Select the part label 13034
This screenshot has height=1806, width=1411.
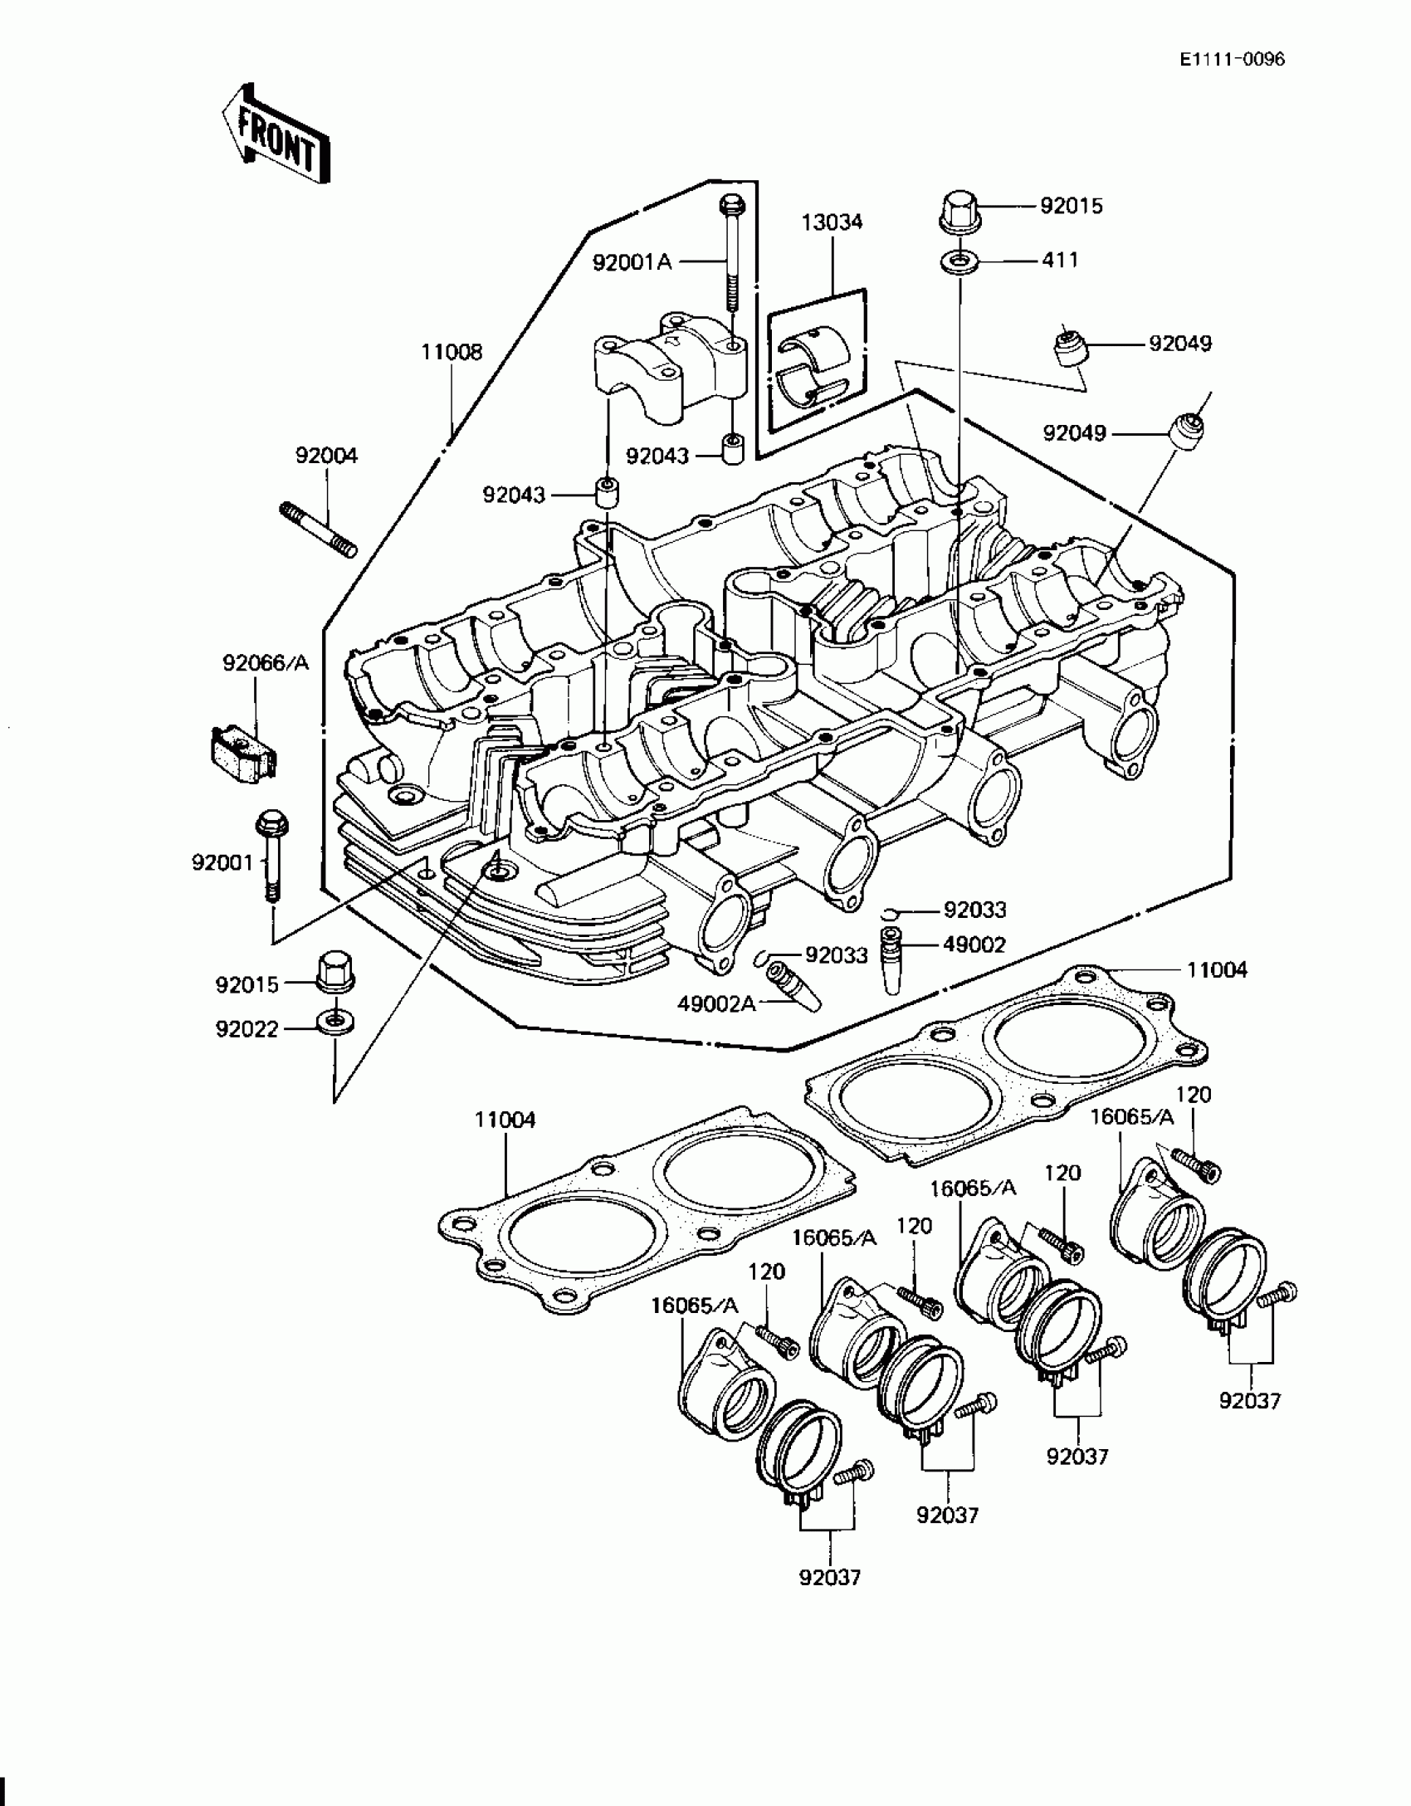pyautogui.click(x=832, y=222)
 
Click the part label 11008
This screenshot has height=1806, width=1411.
pyautogui.click(x=452, y=352)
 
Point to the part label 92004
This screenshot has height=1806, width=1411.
pyautogui.click(x=326, y=456)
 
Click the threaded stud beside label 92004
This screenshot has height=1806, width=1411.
pyautogui.click(x=317, y=527)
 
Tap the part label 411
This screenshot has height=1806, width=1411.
pyautogui.click(x=1060, y=261)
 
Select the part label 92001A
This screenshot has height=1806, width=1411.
pyautogui.click(x=632, y=262)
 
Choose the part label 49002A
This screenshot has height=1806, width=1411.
pyautogui.click(x=716, y=1003)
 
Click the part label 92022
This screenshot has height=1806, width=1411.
pyautogui.click(x=247, y=1029)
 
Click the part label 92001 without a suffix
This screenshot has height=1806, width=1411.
pyautogui.click(x=222, y=863)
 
